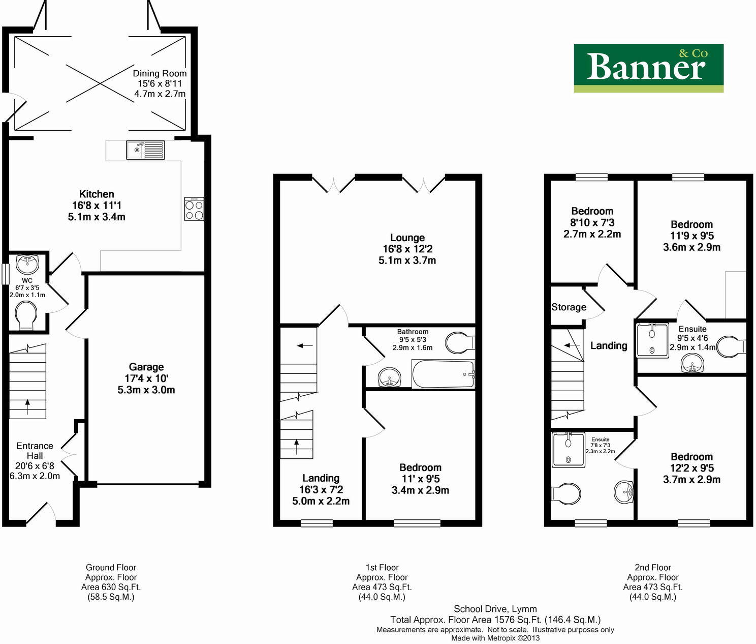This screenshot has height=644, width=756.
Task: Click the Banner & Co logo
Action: pyautogui.click(x=648, y=68)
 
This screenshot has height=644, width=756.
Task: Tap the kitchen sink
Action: pyautogui.click(x=145, y=150)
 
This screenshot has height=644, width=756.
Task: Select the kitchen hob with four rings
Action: pyautogui.click(x=194, y=209)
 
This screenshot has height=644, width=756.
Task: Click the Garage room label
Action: pyautogui.click(x=146, y=378)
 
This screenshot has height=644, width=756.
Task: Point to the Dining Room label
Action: pyautogui.click(x=160, y=83)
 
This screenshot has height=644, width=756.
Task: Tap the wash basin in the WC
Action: pyautogui.click(x=27, y=264)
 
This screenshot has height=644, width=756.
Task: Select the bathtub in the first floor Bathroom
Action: pyautogui.click(x=443, y=374)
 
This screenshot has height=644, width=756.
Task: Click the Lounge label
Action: pyautogui.click(x=407, y=249)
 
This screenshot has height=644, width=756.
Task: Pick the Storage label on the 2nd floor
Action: pyautogui.click(x=569, y=307)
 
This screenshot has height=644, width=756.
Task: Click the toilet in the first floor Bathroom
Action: pyautogui.click(x=459, y=342)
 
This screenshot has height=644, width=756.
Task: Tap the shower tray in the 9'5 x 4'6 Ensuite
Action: pyautogui.click(x=652, y=340)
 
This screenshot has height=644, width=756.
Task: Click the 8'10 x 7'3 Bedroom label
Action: pyautogui.click(x=592, y=222)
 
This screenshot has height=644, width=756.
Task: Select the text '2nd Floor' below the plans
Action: pyautogui.click(x=652, y=567)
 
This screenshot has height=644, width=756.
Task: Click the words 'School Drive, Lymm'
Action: pyautogui.click(x=495, y=609)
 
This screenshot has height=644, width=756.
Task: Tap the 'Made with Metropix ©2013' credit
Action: pyautogui.click(x=495, y=638)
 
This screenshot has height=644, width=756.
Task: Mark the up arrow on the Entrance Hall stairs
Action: pyautogui.click(x=27, y=405)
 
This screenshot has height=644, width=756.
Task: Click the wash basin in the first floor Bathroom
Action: pyautogui.click(x=389, y=378)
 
